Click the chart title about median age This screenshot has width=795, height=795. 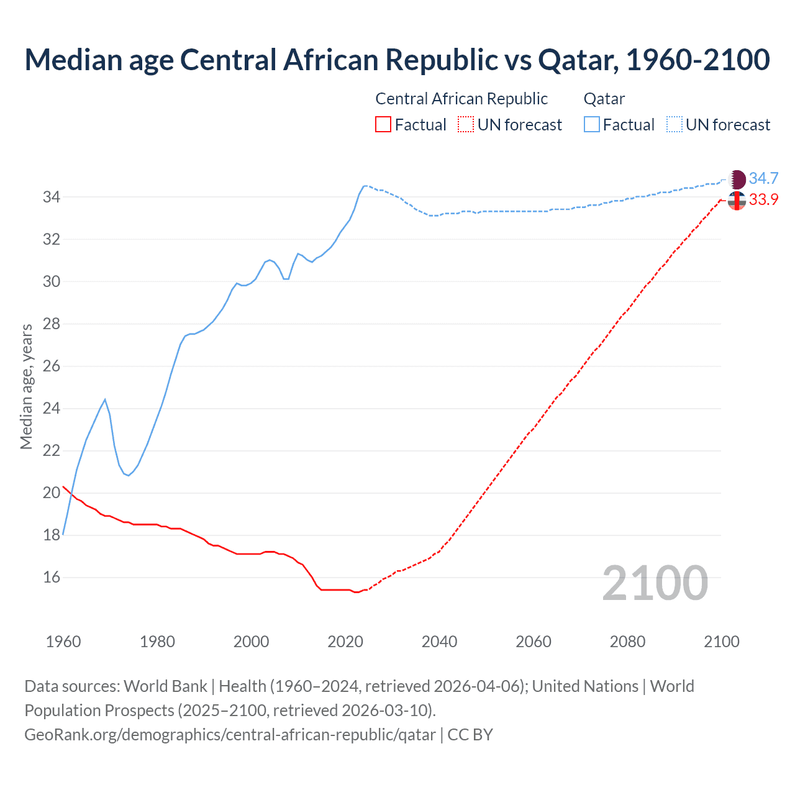tap(397, 60)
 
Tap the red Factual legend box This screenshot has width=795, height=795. tap(383, 125)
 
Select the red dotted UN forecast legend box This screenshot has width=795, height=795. tap(466, 125)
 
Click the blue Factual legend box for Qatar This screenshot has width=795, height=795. tap(592, 125)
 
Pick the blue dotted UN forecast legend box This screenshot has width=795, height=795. tap(675, 125)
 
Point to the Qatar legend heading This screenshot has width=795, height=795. tap(604, 99)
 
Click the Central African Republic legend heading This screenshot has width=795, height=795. tap(461, 99)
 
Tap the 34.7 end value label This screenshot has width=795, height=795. tap(763, 179)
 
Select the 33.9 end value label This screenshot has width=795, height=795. tap(763, 200)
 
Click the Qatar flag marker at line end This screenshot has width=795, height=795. tap(737, 179)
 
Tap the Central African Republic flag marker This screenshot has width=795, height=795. tap(737, 201)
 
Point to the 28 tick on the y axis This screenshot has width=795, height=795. tap(52, 324)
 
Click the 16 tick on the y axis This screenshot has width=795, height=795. tap(52, 578)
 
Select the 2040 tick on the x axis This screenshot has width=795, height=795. tap(439, 642)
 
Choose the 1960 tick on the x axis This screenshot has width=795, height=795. tap(63, 642)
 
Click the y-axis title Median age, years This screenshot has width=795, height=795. tap(26, 386)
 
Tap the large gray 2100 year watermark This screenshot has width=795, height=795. tap(655, 583)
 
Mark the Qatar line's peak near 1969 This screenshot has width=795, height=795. tap(105, 399)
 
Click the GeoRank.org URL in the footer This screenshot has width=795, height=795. tap(230, 735)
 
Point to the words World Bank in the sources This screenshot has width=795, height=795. tap(165, 686)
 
